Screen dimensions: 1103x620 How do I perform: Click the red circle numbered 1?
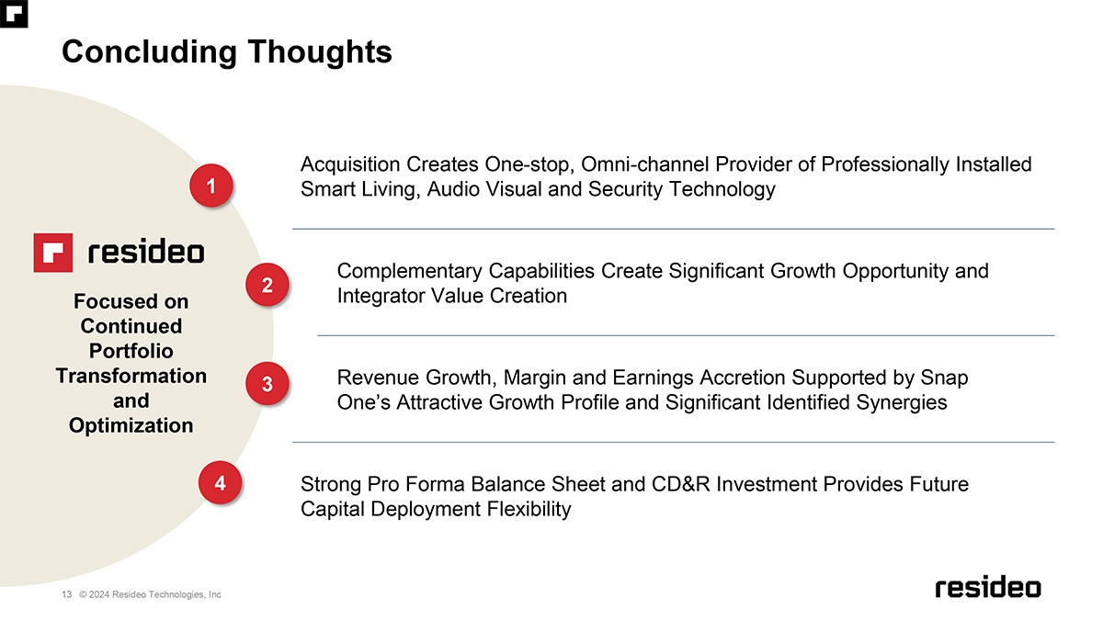point(211,186)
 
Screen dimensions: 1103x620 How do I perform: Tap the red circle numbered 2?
point(267,285)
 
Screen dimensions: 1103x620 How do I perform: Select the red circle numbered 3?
point(267,384)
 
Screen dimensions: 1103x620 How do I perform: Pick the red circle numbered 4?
point(220,483)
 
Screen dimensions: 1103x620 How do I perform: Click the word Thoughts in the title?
point(320,52)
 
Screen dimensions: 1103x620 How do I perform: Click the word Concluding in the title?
point(149,52)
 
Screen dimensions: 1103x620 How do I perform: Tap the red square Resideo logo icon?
point(53,253)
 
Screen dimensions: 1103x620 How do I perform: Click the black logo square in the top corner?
point(14,14)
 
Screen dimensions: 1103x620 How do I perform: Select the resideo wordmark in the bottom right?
point(988,587)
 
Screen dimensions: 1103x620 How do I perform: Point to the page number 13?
point(66,594)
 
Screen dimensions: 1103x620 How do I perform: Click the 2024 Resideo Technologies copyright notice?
point(150,594)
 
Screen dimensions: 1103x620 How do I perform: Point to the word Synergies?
point(902,403)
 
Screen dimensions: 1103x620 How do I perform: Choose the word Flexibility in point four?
point(529,509)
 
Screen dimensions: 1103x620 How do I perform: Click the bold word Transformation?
point(131,376)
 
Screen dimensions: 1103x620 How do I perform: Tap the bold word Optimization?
point(131,425)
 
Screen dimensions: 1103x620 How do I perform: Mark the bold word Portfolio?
point(131,351)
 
